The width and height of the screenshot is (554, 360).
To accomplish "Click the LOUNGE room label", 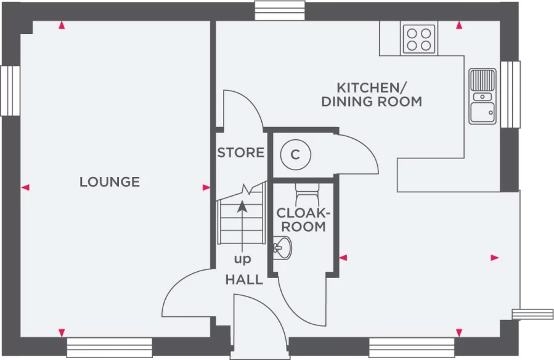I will pos(110,182).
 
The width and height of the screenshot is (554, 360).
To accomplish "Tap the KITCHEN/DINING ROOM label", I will pos(372,94).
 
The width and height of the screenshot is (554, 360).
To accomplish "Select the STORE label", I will pos(240,152).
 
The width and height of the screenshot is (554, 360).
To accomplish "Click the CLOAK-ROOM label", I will pos(303,219).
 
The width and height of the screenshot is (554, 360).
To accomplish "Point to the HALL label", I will pos(244,280).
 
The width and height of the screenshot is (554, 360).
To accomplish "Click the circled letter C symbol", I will pos(295,155).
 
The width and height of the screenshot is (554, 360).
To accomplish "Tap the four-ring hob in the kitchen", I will pos(419,38).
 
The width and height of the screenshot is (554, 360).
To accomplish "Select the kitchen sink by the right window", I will pos(483,96).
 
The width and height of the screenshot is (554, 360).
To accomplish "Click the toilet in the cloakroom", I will pos(304,195).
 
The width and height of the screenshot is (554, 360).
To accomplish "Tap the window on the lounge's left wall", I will pos(9,91).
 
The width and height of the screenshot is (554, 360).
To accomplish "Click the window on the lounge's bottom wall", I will pos(109,348).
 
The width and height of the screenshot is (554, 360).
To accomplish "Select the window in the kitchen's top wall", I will pos(279,10).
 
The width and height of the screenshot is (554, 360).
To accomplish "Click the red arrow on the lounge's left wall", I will pos(25,187).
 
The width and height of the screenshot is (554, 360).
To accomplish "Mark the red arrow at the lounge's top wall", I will pos(62,25).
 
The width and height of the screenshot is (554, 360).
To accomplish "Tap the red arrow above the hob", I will pos(459,25).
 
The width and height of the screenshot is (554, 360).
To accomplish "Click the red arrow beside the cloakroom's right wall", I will pos(343,257).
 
